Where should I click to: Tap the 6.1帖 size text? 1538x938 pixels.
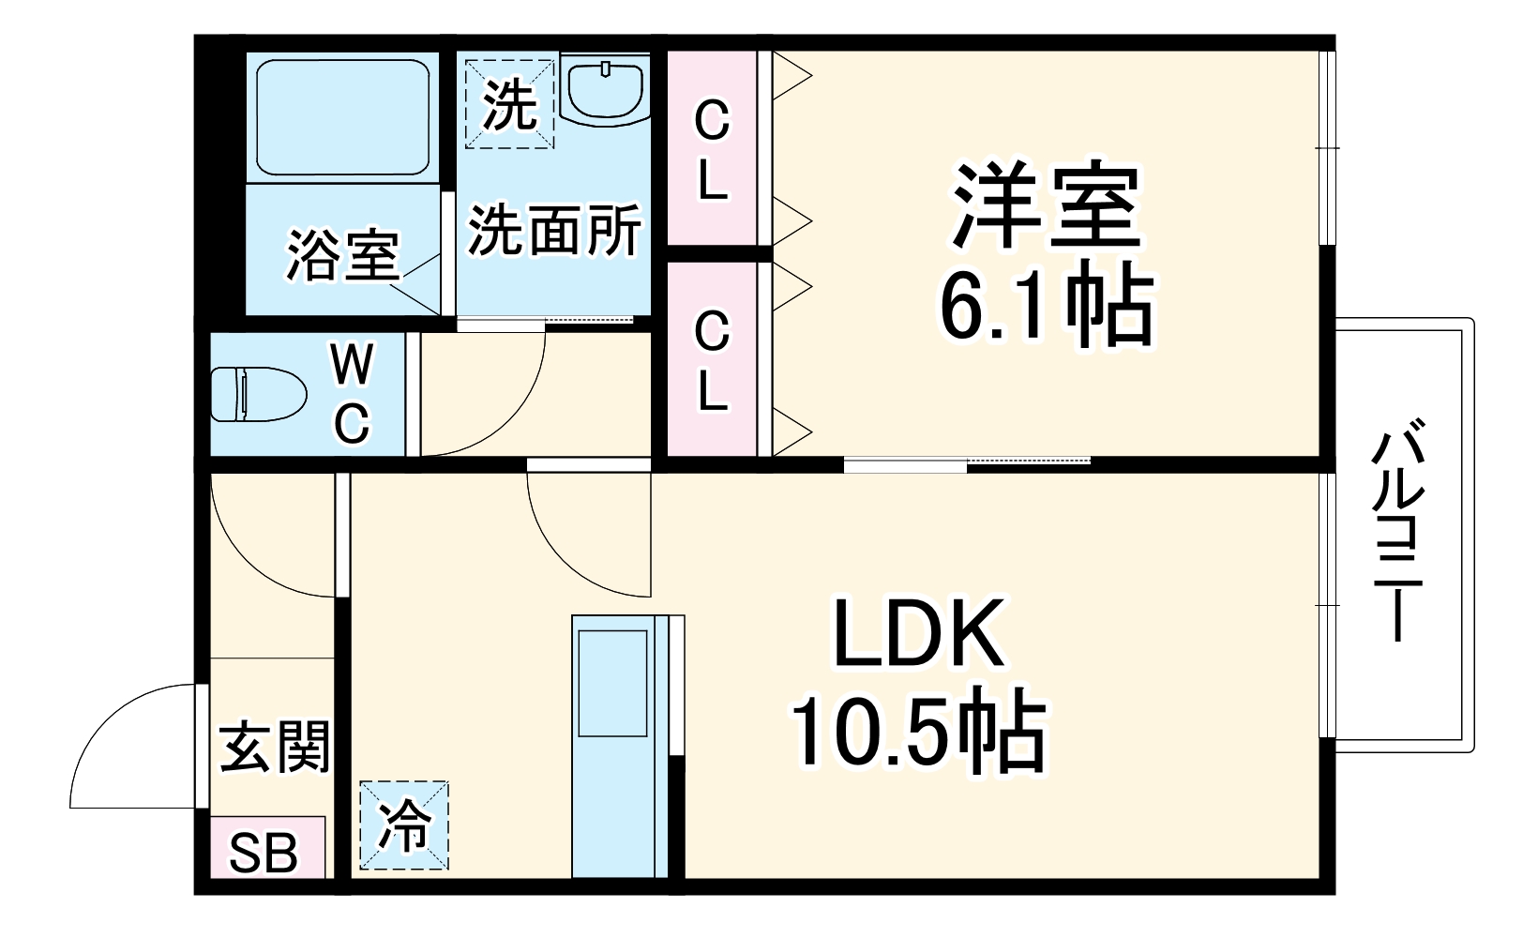click(1047, 305)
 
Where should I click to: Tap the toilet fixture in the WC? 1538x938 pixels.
click(258, 394)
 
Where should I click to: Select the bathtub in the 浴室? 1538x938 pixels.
click(342, 117)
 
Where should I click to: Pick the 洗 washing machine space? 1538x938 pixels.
click(510, 102)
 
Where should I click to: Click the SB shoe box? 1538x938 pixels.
click(265, 853)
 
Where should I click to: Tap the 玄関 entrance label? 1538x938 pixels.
click(275, 746)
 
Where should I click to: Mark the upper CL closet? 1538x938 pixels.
click(712, 150)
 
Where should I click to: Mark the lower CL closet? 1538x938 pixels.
click(712, 361)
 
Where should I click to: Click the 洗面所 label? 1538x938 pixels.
click(554, 230)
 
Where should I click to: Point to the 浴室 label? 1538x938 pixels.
click(342, 254)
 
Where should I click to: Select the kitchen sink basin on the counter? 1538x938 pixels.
click(612, 683)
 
